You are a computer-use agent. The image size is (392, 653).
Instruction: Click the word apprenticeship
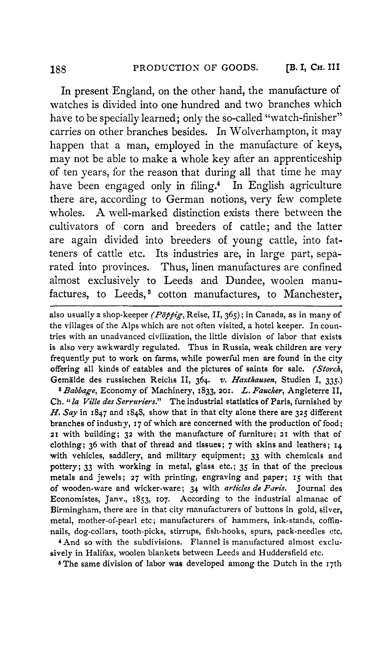307,159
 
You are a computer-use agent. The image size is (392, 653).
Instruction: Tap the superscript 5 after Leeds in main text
149,291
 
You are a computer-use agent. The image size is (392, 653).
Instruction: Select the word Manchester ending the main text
312,294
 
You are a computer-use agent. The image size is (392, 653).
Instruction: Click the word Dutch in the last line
290,564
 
